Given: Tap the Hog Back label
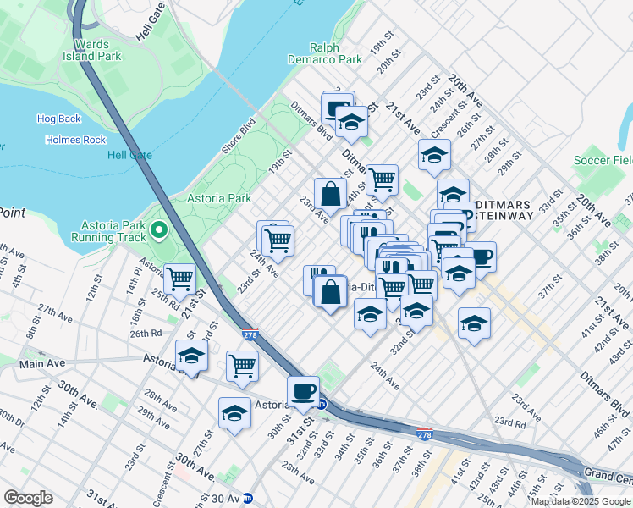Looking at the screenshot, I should point(58,119).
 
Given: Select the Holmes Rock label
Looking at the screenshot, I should point(75,140).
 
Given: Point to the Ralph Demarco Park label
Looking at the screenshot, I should point(336,54).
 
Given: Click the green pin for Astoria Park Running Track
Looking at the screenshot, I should point(158,229).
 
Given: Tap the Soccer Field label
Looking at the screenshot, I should point(603,160).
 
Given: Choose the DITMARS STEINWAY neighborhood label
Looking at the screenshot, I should point(504,210).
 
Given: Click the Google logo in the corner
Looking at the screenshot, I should point(28,498).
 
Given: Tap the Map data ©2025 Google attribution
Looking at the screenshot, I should point(581,501).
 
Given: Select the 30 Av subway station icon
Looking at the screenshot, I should point(247,499).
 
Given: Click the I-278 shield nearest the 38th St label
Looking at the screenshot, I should point(425,433).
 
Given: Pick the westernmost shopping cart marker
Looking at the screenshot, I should point(179,278).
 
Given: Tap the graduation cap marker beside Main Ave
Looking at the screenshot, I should point(192,356).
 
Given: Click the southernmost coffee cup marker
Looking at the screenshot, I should point(303,391).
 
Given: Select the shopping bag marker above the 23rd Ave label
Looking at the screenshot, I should point(330,192).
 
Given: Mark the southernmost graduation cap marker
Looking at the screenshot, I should point(234,413).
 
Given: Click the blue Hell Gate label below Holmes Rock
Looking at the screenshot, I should point(129,155).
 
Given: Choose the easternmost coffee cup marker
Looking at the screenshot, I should point(480,257).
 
